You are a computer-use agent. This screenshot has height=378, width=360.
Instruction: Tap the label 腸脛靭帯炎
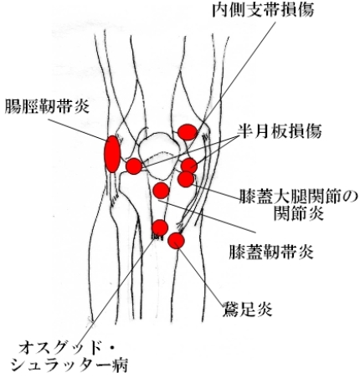pyautogui.click(x=47, y=106)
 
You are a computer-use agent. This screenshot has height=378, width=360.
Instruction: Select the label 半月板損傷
pyautogui.click(x=280, y=130)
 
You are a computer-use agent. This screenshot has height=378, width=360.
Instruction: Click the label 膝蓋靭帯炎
pyautogui.click(x=271, y=252)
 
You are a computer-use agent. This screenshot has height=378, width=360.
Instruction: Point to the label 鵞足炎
pyautogui.click(x=247, y=309)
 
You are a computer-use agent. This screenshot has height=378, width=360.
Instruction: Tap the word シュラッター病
pyautogui.click(x=70, y=365)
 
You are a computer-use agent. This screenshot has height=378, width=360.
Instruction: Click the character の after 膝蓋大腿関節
pyautogui.click(x=350, y=198)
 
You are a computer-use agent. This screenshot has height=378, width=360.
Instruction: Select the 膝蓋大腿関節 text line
pyautogui.click(x=291, y=198)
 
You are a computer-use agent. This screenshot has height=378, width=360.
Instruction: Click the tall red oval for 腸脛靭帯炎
pyautogui.click(x=112, y=154)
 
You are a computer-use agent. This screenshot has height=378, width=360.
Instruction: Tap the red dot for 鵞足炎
pyautogui.click(x=176, y=241)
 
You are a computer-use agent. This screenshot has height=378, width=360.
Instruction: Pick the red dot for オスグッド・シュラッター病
pyautogui.click(x=160, y=227)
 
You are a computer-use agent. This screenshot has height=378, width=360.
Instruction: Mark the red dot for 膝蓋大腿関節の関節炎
pyautogui.click(x=186, y=179)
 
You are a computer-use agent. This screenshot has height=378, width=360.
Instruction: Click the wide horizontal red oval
pyautogui.click(x=188, y=132)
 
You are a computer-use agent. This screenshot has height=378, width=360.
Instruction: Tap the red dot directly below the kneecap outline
pyautogui.click(x=162, y=191)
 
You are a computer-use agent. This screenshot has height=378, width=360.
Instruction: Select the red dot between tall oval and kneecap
pyautogui.click(x=134, y=166)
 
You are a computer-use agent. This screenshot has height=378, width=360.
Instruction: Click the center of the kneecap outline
pyautogui.click(x=158, y=156)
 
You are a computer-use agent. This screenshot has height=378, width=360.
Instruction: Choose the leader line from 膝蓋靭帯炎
pyautogui.click(x=207, y=217)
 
